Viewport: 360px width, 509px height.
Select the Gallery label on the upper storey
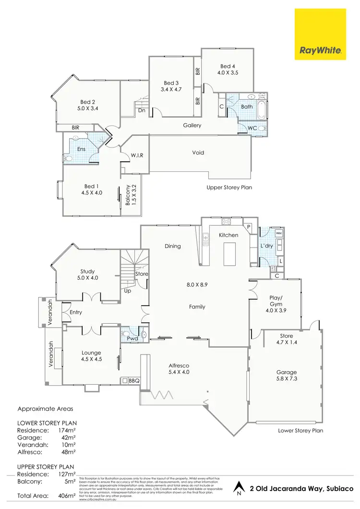coord(192,126)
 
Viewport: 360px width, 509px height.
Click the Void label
coord(198,153)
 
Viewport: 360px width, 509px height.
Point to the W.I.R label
coord(137,155)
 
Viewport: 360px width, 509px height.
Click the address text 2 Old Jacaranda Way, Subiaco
coord(301,488)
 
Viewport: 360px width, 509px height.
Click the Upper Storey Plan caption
coord(229,188)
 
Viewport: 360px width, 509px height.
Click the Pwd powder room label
coord(132,339)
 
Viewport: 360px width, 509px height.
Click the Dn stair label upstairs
coord(142,110)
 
